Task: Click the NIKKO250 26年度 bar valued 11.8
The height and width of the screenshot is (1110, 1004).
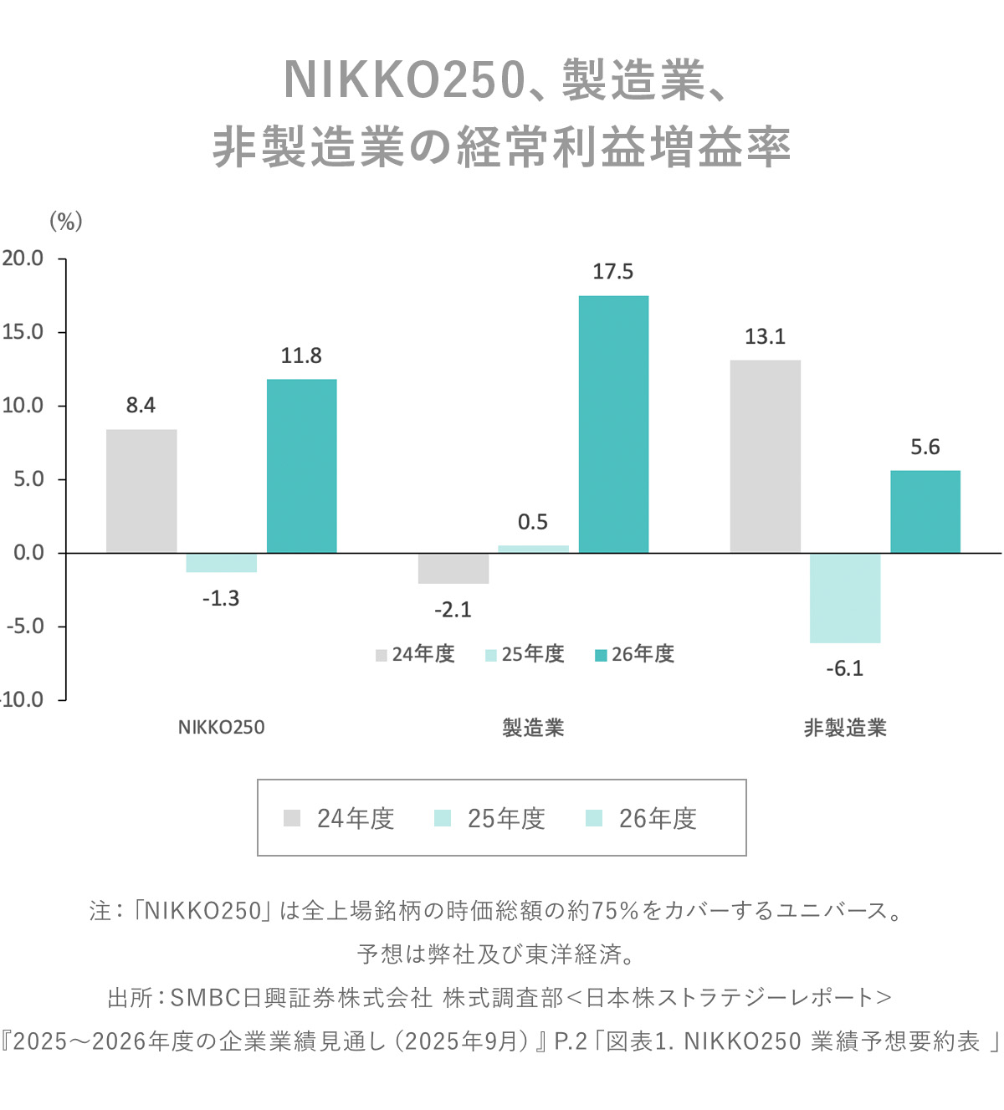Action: (301, 466)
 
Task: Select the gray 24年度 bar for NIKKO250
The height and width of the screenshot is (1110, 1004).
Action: (141, 491)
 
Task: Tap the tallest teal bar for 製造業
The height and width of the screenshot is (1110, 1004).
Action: (613, 424)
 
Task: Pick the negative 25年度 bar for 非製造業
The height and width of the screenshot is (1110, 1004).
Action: (845, 598)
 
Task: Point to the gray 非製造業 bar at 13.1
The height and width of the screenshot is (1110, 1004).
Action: (765, 457)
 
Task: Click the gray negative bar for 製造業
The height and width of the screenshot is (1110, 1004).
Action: (453, 568)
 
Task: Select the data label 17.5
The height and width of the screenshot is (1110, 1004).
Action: (613, 272)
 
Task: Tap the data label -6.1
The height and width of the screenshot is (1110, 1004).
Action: (844, 668)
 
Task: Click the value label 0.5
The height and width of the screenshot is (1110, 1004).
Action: (533, 522)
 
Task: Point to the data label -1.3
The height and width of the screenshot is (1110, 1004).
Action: (221, 598)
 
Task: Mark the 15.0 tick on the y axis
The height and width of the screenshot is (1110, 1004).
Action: (23, 332)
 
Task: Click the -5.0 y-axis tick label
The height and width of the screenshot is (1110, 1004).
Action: (25, 627)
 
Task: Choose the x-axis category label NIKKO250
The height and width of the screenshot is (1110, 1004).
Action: (221, 728)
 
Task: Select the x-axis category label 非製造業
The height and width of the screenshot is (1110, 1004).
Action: (845, 728)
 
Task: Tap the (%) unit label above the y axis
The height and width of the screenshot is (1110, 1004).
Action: (66, 221)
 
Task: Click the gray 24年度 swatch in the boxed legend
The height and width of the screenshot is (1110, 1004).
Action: (292, 818)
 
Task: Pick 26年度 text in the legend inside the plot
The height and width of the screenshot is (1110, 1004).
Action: (643, 654)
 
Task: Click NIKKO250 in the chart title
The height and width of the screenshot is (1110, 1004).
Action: (404, 80)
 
